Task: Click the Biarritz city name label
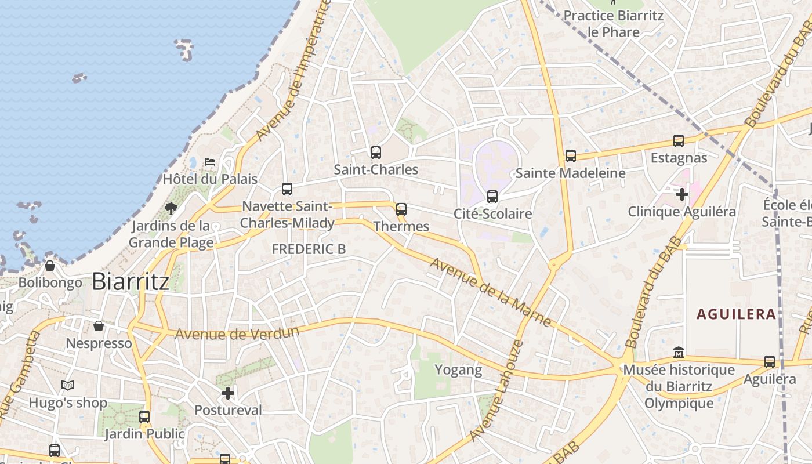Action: [130, 281]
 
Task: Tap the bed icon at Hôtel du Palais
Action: [210, 161]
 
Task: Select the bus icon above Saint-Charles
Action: [376, 153]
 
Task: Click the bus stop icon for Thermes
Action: [401, 209]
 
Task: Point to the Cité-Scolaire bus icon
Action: [492, 197]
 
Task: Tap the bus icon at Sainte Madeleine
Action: [571, 156]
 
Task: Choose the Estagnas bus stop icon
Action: [678, 141]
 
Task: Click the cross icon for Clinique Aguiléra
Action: [682, 194]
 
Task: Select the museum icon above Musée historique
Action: [679, 352]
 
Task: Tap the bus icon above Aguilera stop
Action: [770, 362]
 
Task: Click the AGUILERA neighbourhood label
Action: [736, 314]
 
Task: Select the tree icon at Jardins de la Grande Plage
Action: [171, 208]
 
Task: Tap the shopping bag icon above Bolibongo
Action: [50, 266]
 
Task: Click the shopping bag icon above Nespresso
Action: [99, 326]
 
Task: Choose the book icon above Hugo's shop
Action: [68, 385]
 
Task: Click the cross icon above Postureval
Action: [228, 394]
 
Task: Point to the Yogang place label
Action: [458, 370]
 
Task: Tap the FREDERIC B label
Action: [309, 249]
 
